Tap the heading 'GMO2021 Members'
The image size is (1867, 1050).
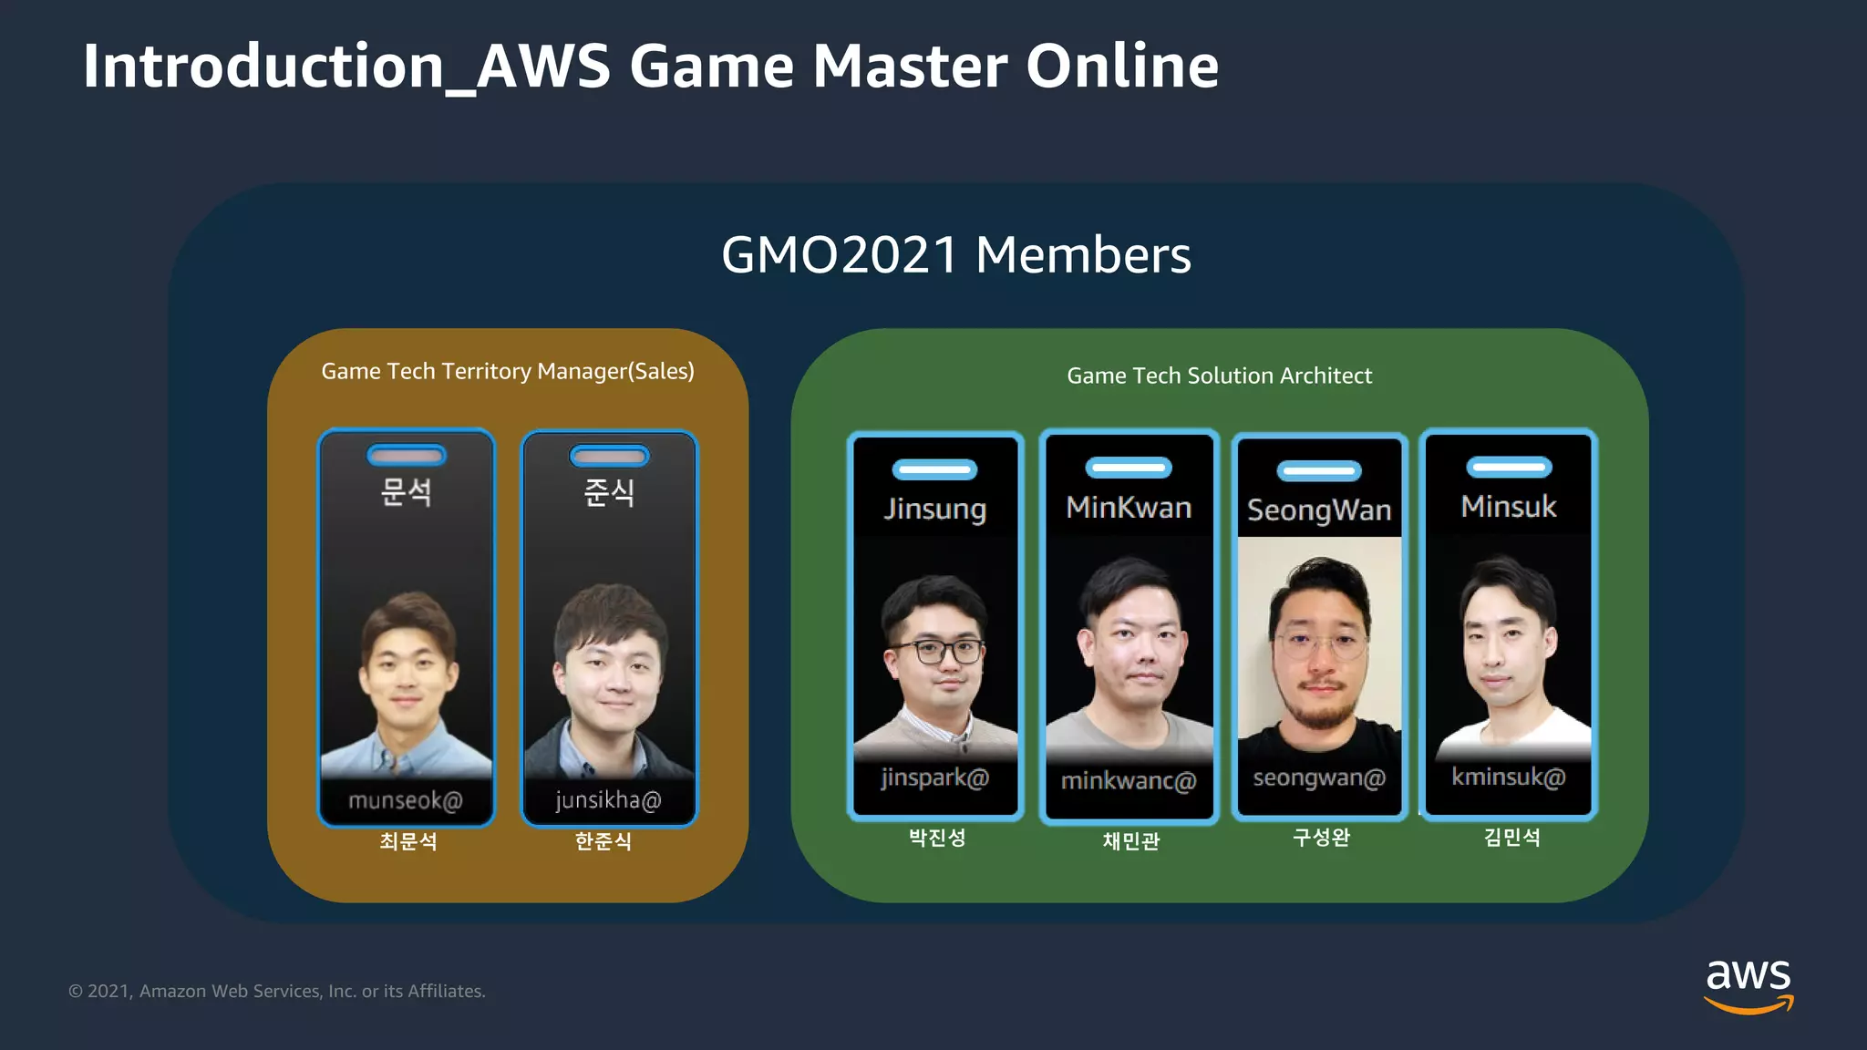(x=955, y=254)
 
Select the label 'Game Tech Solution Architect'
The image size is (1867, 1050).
(x=1219, y=376)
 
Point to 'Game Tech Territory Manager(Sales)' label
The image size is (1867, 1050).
(x=508, y=371)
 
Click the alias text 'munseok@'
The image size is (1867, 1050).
(x=406, y=800)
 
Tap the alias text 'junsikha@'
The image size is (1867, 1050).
(x=608, y=800)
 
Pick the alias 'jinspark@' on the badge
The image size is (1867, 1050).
(x=934, y=777)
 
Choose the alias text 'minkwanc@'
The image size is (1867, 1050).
(x=1129, y=780)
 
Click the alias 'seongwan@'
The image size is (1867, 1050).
(x=1319, y=777)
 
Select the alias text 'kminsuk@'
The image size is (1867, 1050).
(x=1509, y=777)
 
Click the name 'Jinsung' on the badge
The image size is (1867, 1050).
(x=934, y=508)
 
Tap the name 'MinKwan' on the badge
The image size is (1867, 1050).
(x=1129, y=507)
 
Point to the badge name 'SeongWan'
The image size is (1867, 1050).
(x=1319, y=510)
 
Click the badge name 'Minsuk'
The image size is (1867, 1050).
(x=1509, y=506)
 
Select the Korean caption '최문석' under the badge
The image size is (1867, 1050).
(x=407, y=840)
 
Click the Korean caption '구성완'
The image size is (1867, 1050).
(x=1321, y=837)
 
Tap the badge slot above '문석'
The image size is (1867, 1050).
(x=407, y=455)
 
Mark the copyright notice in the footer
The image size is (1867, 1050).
(x=277, y=991)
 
